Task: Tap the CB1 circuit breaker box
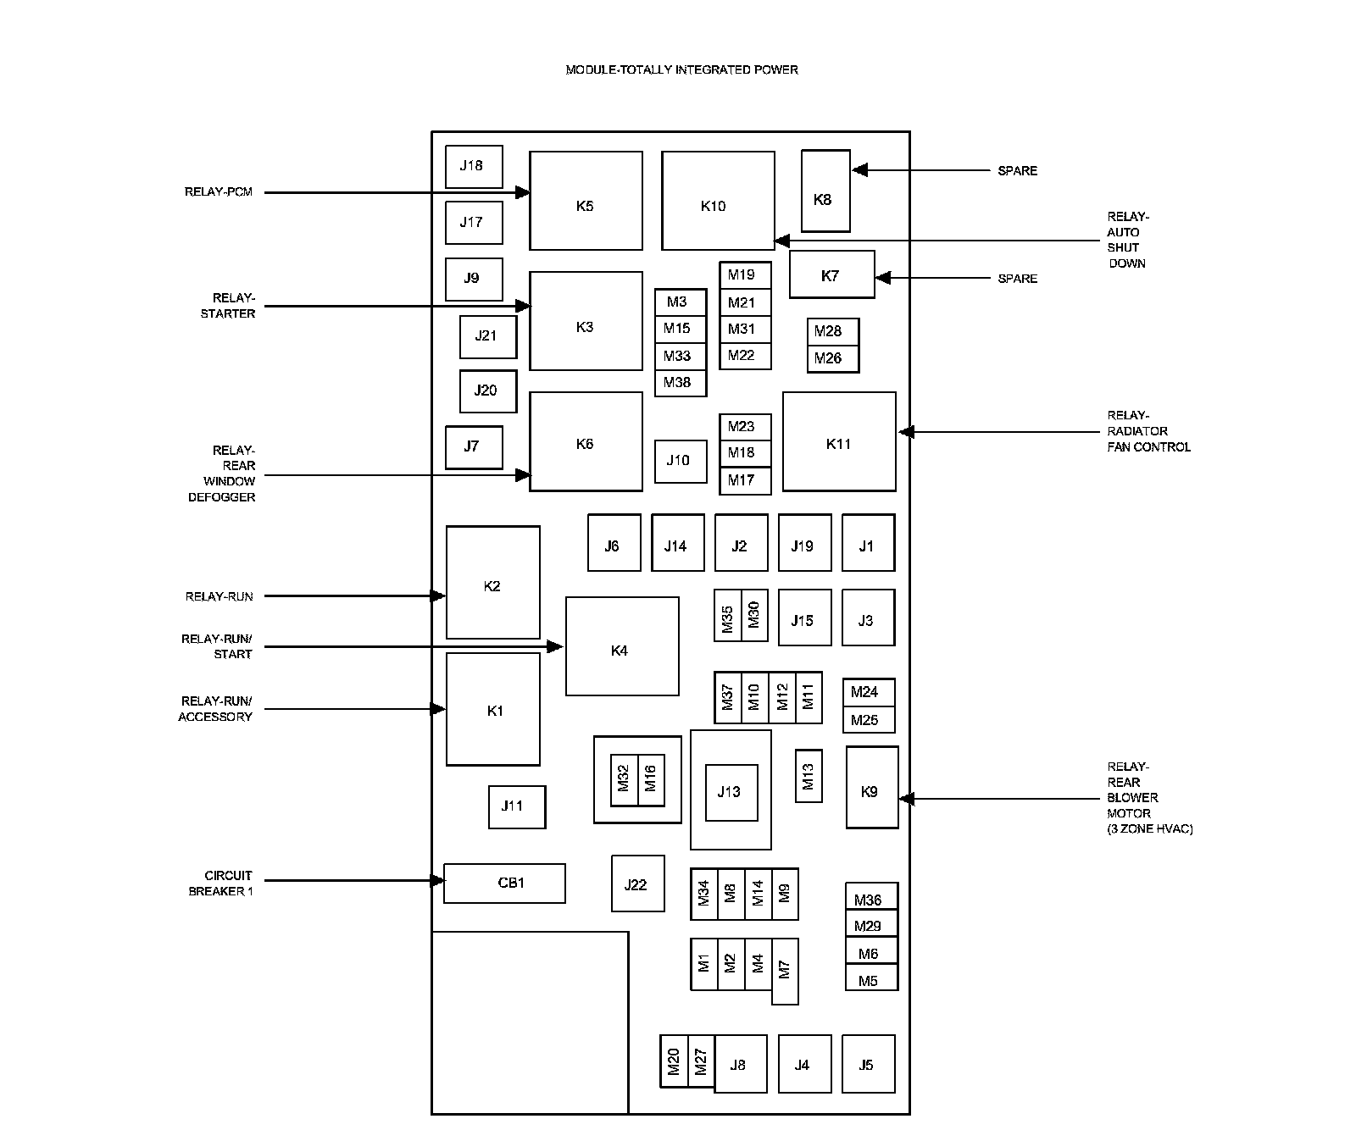(x=504, y=884)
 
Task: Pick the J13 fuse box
(x=731, y=792)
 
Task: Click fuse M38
(x=680, y=383)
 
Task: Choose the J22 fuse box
(x=637, y=884)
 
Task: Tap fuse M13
(x=809, y=776)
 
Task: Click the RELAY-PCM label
(x=219, y=192)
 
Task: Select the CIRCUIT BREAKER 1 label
(x=221, y=884)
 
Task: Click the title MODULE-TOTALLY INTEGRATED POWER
(x=681, y=69)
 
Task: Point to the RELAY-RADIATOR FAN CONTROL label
(x=1148, y=431)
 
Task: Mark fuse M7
(x=785, y=971)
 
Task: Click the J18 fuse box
(x=474, y=166)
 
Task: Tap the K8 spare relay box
(x=825, y=191)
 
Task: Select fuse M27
(x=701, y=1061)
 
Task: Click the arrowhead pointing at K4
(x=556, y=647)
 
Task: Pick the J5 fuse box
(x=868, y=1064)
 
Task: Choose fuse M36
(x=870, y=900)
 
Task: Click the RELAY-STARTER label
(x=228, y=306)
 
